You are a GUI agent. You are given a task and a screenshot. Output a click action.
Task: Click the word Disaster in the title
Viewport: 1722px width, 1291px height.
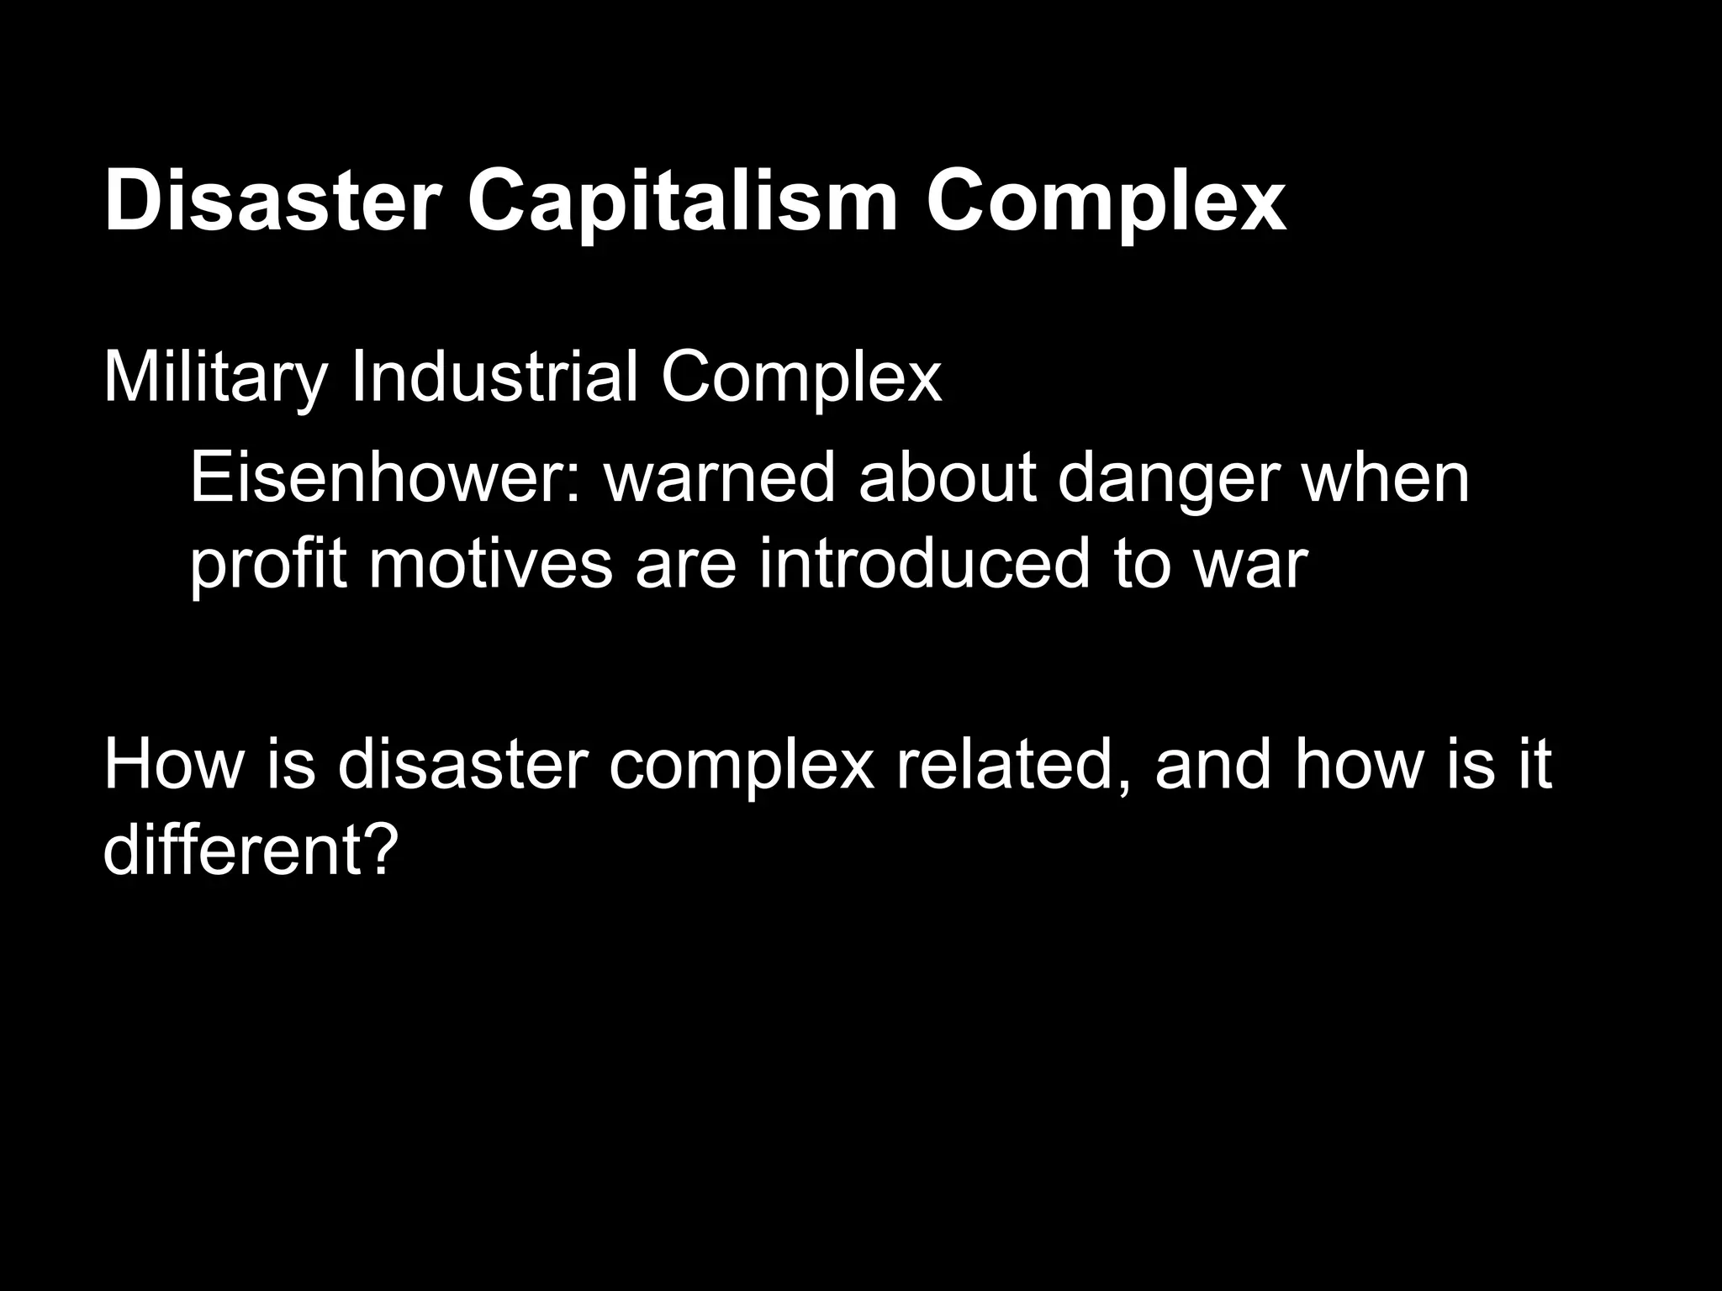pyautogui.click(x=272, y=203)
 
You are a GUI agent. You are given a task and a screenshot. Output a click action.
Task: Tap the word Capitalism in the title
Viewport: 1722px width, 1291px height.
pyautogui.click(x=682, y=203)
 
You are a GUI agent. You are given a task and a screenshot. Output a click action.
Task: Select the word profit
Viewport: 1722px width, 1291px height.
pyautogui.click(x=267, y=565)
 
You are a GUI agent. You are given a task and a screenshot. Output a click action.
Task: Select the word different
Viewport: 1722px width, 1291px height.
pyautogui.click(x=235, y=851)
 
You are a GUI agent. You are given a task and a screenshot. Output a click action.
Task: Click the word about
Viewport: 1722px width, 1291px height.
pyautogui.click(x=947, y=477)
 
